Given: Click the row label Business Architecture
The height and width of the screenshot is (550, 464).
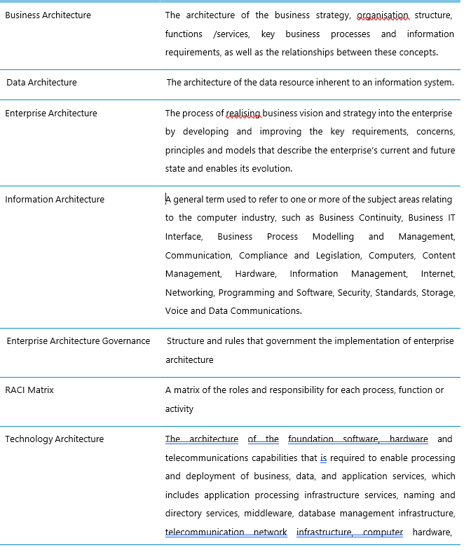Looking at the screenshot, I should (x=48, y=15).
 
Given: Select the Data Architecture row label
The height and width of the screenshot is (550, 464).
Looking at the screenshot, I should (x=42, y=82).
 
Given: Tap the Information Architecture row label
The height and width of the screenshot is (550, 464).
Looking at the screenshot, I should (x=55, y=199).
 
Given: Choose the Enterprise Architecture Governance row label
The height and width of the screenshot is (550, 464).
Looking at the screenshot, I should (x=79, y=341).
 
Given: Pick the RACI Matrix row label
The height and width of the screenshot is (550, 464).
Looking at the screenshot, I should (x=29, y=390).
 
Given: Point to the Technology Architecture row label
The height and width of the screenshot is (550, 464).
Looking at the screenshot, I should (x=54, y=439).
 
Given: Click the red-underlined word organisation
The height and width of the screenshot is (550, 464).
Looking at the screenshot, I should (x=382, y=15).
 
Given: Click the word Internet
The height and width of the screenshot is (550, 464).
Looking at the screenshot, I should (x=438, y=273).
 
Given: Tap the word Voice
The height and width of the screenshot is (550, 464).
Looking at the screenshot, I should (x=177, y=310).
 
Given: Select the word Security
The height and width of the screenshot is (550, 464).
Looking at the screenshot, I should (x=354, y=292).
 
